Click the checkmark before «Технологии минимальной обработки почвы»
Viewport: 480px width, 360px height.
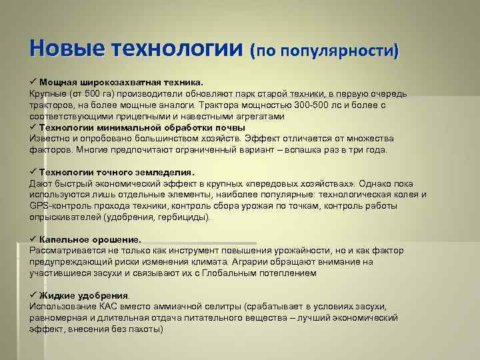pyautogui.click(x=33, y=127)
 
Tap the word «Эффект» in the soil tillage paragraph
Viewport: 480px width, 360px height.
pyautogui.click(x=263, y=139)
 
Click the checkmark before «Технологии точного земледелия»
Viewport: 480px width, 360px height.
pyautogui.click(x=33, y=172)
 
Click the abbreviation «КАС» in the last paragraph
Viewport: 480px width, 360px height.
pyautogui.click(x=115, y=307)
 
